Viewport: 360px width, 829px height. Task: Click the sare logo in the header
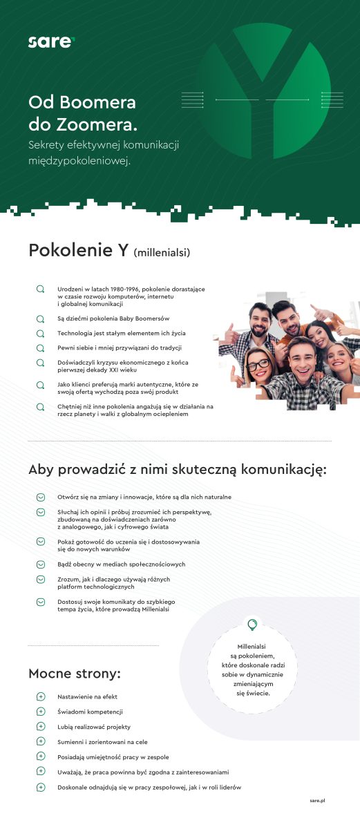(50, 42)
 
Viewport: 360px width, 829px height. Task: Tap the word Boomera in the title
(100, 103)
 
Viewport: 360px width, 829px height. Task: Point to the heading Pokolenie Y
(78, 250)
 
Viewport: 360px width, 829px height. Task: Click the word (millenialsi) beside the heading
(162, 252)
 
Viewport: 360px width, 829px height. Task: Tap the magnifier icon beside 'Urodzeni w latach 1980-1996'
(40, 289)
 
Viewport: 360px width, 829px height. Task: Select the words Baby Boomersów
(142, 318)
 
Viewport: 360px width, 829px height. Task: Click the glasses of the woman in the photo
(256, 365)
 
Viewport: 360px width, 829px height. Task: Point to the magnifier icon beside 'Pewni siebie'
(40, 347)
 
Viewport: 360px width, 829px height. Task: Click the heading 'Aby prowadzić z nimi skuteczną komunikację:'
(177, 470)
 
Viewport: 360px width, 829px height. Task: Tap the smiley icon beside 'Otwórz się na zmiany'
(40, 497)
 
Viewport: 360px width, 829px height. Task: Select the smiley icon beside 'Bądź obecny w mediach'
(40, 564)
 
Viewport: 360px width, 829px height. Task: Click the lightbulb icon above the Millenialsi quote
(252, 625)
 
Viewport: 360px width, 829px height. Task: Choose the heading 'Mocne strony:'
(75, 674)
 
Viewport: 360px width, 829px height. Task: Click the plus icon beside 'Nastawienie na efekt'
(40, 697)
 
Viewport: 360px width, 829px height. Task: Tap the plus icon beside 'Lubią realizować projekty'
(40, 727)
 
